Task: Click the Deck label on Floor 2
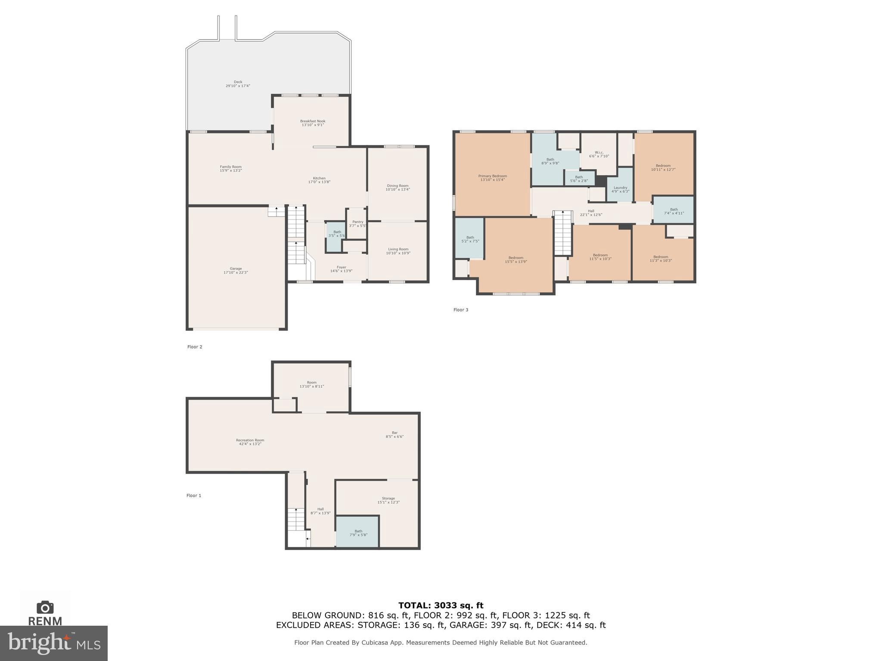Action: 238,84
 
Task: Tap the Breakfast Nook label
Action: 313,123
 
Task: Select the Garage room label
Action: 236,270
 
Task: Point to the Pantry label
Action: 357,224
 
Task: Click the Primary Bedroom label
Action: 492,178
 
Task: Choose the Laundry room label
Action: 620,189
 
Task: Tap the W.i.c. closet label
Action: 599,154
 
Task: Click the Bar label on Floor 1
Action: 394,435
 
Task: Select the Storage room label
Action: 388,500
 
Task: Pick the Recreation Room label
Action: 250,442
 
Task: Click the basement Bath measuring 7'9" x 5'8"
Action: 358,533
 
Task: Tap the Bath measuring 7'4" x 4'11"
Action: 674,211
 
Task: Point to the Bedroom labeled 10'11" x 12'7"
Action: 663,167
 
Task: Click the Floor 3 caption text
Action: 460,310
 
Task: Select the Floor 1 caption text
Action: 194,496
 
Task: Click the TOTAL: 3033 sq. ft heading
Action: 441,605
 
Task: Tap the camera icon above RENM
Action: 45,607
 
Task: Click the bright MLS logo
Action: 53,643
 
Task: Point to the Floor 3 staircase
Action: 562,233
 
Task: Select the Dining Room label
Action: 398,188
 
